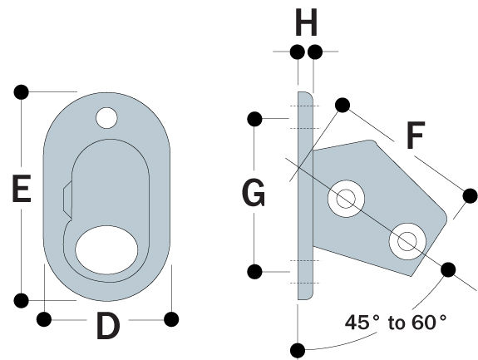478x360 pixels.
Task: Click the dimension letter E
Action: click(x=22, y=191)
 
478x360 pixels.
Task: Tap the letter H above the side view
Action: click(x=306, y=23)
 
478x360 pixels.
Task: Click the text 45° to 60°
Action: click(x=396, y=322)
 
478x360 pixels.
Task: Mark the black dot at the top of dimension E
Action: click(x=22, y=91)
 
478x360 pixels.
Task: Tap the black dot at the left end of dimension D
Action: click(x=44, y=318)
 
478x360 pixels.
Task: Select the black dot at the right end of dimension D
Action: click(x=171, y=318)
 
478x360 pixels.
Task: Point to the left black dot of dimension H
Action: click(x=296, y=52)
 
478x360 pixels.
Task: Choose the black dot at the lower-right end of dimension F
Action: click(x=470, y=196)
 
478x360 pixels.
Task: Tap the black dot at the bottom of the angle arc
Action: click(x=297, y=348)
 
